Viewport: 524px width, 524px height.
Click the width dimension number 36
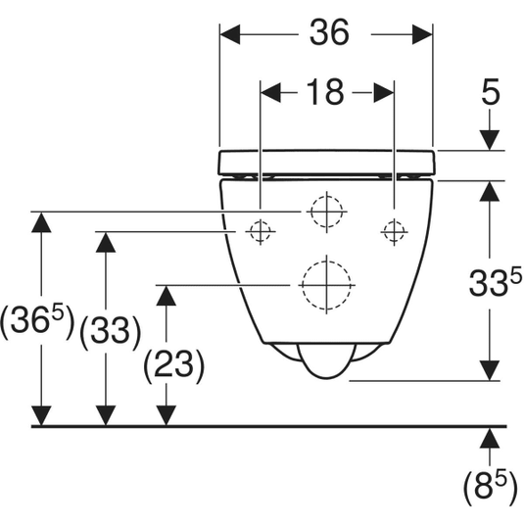[329, 32]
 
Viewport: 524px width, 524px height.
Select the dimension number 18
[325, 92]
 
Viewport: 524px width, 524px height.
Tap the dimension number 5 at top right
[491, 91]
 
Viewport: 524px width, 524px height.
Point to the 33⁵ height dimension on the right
[496, 282]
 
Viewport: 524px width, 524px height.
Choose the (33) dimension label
[111, 331]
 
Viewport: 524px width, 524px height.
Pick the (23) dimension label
[173, 365]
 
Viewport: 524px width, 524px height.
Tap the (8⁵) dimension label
[491, 487]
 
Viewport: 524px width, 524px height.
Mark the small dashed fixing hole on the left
[261, 231]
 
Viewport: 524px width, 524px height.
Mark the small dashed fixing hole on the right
[394, 231]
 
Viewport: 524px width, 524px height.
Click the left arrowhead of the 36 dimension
[230, 34]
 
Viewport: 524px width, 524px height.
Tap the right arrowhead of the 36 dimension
[422, 34]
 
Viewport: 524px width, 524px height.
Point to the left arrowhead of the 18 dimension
[270, 93]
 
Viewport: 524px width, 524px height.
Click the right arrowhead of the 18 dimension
[384, 93]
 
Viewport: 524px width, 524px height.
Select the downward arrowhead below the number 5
[490, 140]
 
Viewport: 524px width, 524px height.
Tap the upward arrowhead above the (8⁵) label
[490, 439]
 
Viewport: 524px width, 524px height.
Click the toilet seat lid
[327, 163]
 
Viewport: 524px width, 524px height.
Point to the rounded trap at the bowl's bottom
[326, 360]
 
